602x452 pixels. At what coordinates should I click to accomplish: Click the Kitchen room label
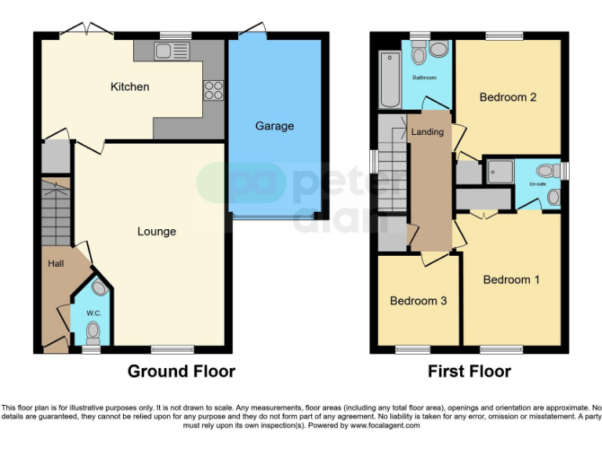coord(129,86)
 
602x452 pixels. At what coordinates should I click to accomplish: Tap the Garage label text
coord(274,126)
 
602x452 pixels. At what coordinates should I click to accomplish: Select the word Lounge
coord(157,231)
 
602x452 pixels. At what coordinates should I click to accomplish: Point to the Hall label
coord(55,264)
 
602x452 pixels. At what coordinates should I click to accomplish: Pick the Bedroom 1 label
coord(511,279)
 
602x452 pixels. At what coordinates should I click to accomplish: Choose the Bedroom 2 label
coord(508,97)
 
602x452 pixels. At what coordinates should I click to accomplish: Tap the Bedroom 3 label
coord(418,301)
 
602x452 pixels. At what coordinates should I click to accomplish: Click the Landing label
coord(427,132)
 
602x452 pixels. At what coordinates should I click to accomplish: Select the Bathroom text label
coord(425,78)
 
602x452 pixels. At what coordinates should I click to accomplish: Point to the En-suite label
coord(537,184)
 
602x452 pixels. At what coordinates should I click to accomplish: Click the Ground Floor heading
coord(181,371)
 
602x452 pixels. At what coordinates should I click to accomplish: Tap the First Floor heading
coord(469,371)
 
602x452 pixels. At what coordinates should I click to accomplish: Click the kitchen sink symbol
coord(172,52)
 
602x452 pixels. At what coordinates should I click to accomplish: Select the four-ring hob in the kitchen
coord(213,91)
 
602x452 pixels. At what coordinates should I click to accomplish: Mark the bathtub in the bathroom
coord(390,79)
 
